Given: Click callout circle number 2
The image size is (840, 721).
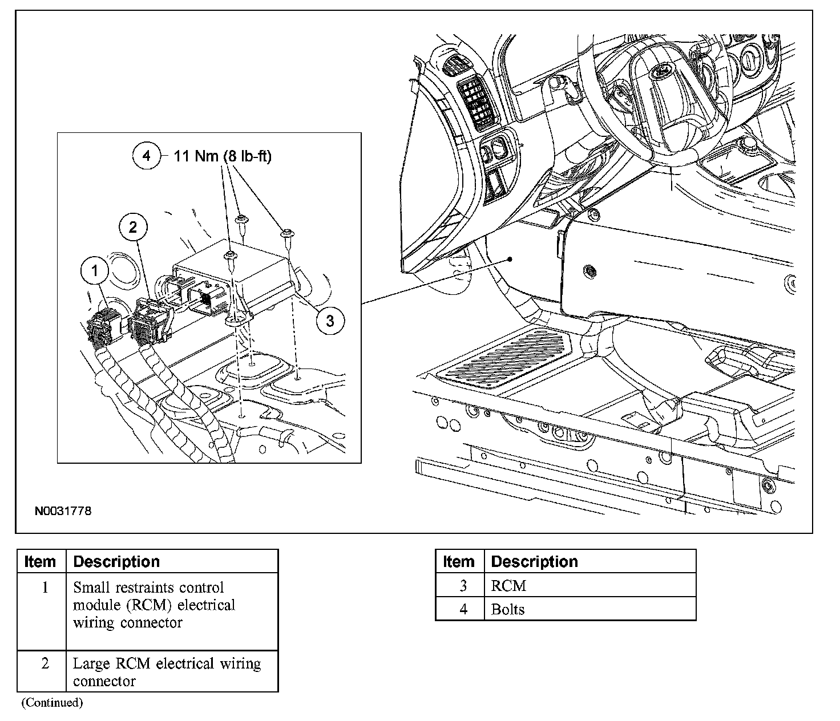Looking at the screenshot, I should (x=133, y=228).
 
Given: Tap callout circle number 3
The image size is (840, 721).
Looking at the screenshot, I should (x=329, y=321).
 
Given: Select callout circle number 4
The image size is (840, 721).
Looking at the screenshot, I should (x=147, y=156).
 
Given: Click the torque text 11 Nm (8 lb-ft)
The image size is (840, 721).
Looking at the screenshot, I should (x=223, y=156).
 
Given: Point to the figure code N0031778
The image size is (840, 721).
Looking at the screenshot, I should (x=63, y=511).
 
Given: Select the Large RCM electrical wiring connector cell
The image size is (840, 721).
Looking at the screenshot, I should (x=172, y=672).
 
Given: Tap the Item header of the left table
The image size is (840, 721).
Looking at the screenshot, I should (x=41, y=562).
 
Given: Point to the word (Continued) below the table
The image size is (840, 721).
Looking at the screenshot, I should (x=52, y=703).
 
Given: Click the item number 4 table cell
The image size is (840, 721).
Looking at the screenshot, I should (x=463, y=609).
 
